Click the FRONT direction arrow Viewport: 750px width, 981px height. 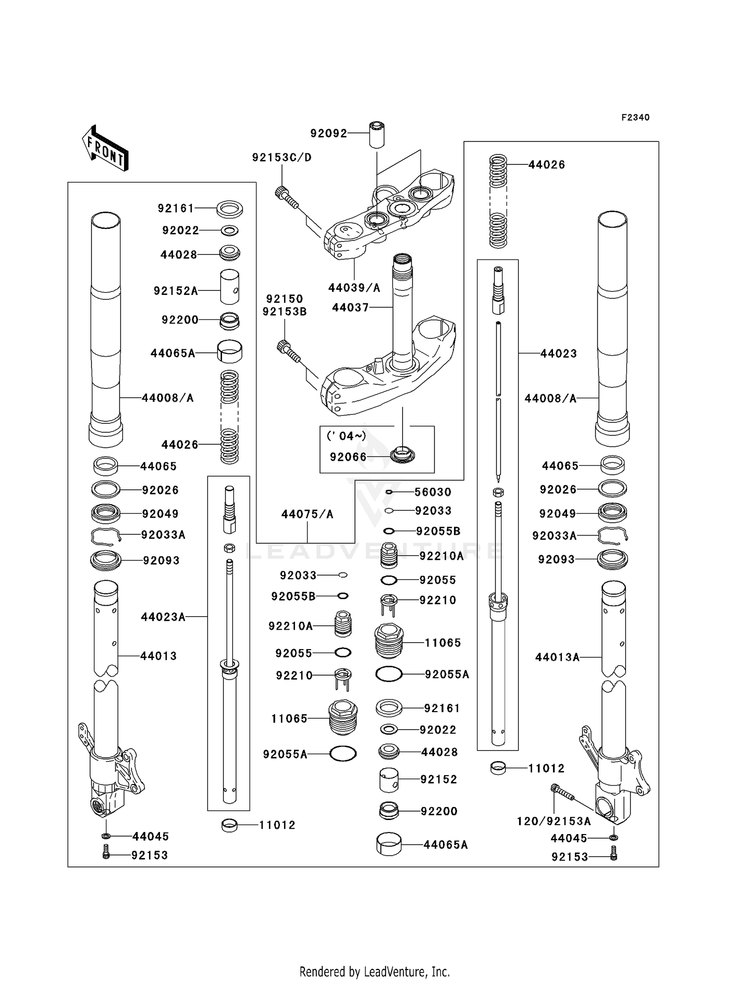click(105, 148)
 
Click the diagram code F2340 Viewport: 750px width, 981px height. click(635, 117)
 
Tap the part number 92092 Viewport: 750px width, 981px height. click(328, 133)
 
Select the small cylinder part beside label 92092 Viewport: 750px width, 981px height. click(376, 134)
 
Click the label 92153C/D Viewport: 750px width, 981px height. click(281, 157)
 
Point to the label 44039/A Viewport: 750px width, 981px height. click(354, 288)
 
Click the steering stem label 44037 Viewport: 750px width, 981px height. click(350, 308)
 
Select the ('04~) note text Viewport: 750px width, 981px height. click(346, 436)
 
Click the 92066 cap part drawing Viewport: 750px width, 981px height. click(402, 455)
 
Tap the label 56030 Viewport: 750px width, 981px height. click(432, 492)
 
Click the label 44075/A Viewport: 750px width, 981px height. click(307, 514)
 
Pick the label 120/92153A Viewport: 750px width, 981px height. click(553, 821)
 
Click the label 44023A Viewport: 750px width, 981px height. click(163, 617)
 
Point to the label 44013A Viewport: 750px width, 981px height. click(557, 657)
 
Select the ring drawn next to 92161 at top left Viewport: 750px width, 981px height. click(229, 208)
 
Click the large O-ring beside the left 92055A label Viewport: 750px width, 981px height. click(343, 753)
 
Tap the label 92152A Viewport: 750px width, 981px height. click(175, 291)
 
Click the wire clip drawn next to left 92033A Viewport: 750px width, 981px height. click(105, 536)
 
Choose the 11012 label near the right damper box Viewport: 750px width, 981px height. click(546, 768)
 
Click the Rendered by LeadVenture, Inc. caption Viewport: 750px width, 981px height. click(374, 972)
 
